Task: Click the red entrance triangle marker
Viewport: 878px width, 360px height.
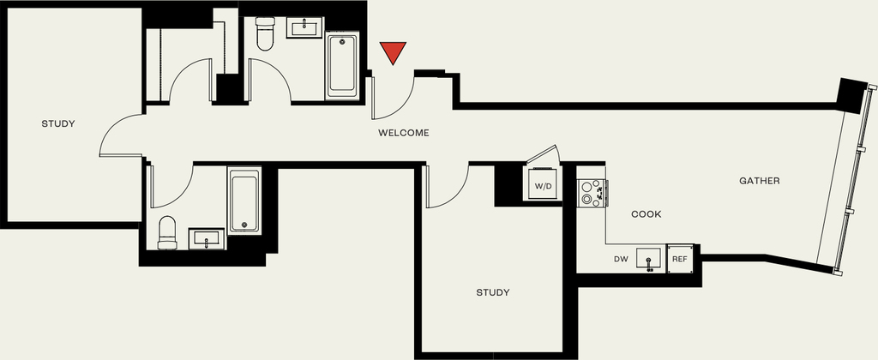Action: click(393, 52)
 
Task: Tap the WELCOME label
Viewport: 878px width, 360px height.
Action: click(404, 133)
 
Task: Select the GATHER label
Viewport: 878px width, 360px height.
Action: click(760, 181)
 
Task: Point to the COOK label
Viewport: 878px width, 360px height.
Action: click(646, 214)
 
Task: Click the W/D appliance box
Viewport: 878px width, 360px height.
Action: click(543, 185)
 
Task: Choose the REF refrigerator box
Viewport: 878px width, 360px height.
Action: click(680, 259)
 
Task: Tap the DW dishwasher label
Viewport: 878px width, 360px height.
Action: click(621, 259)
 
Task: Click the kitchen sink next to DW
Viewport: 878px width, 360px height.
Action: click(648, 259)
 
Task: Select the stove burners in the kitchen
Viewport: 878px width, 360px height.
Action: click(591, 193)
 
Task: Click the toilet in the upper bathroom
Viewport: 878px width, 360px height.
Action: click(265, 33)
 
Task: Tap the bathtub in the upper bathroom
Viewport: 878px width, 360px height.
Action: click(342, 65)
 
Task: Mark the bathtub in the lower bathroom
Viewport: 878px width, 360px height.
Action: click(244, 201)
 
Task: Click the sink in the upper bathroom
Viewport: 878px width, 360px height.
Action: click(304, 27)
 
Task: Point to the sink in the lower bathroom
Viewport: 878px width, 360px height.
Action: click(207, 238)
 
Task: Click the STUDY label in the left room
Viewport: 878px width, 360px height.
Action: click(58, 123)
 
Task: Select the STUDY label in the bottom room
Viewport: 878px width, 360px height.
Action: click(493, 292)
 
